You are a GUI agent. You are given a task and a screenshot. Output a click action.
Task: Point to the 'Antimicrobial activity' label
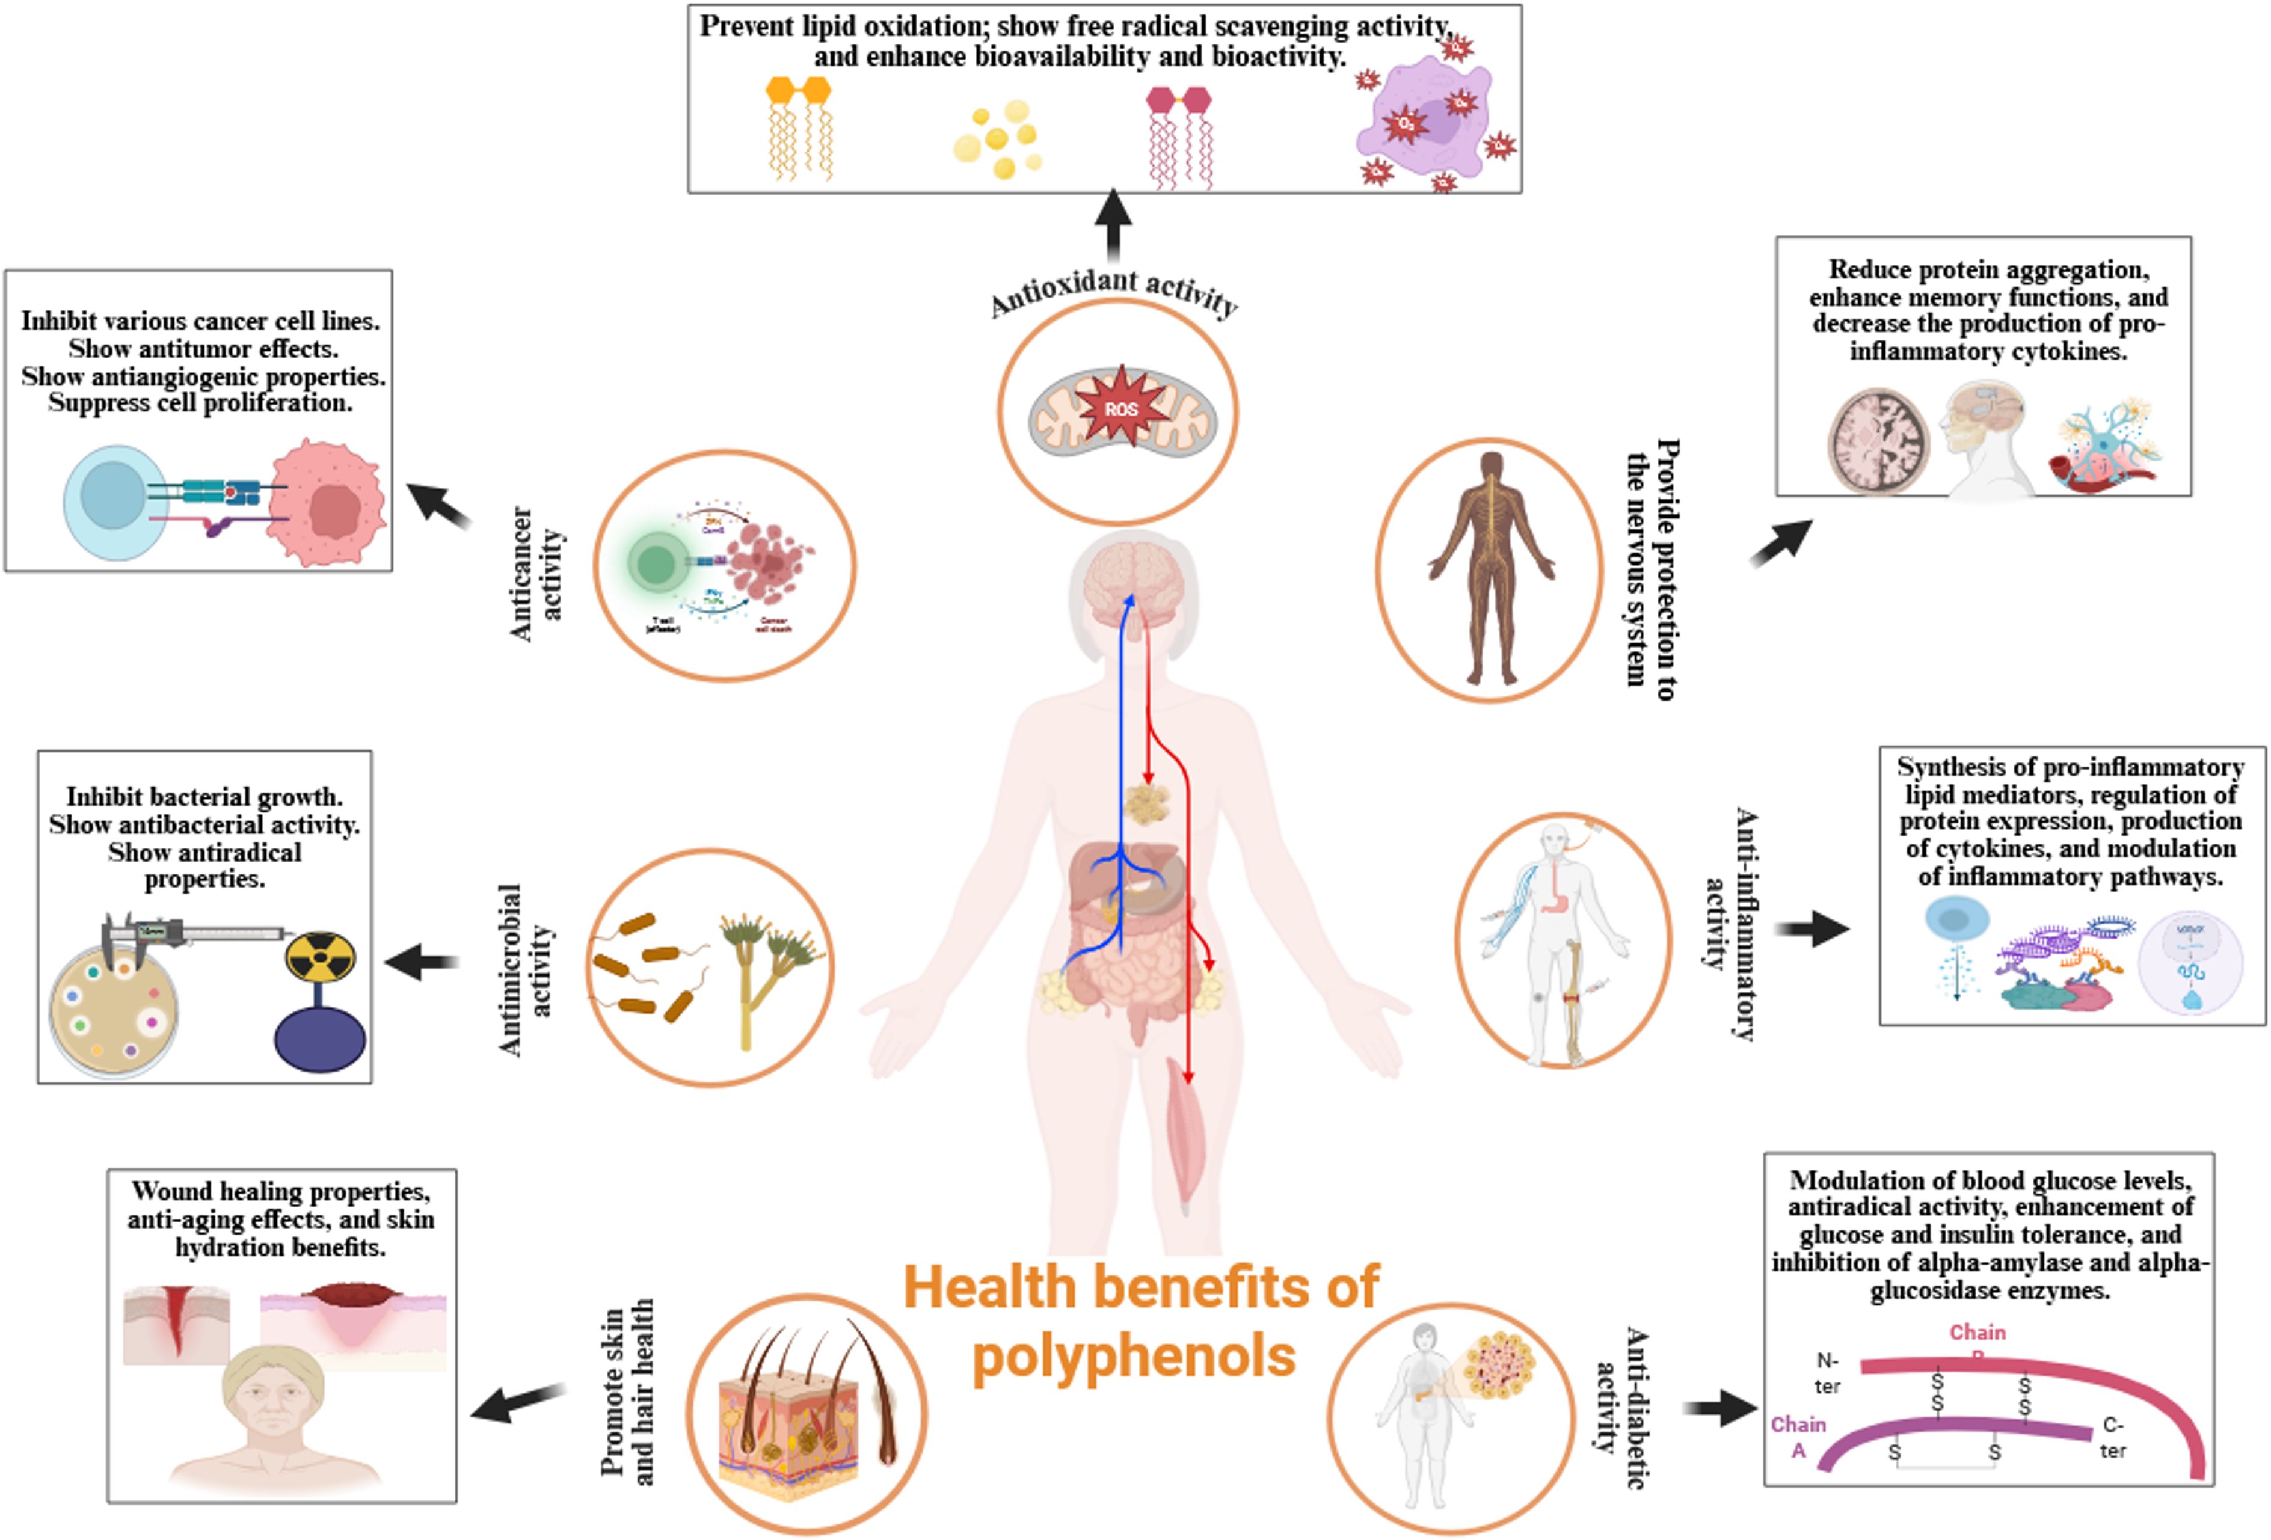click(525, 969)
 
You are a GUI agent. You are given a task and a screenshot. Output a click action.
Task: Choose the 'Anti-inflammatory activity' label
click(1730, 924)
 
